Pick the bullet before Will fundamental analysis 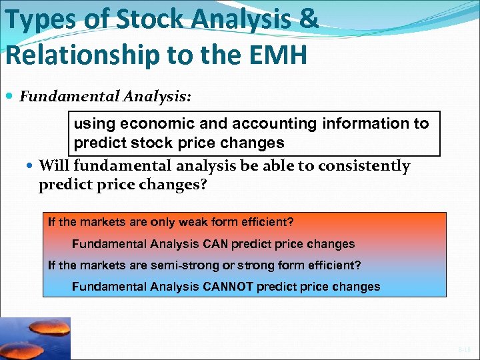tap(31, 166)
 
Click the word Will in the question tap(55, 165)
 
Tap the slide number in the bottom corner tap(464, 349)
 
